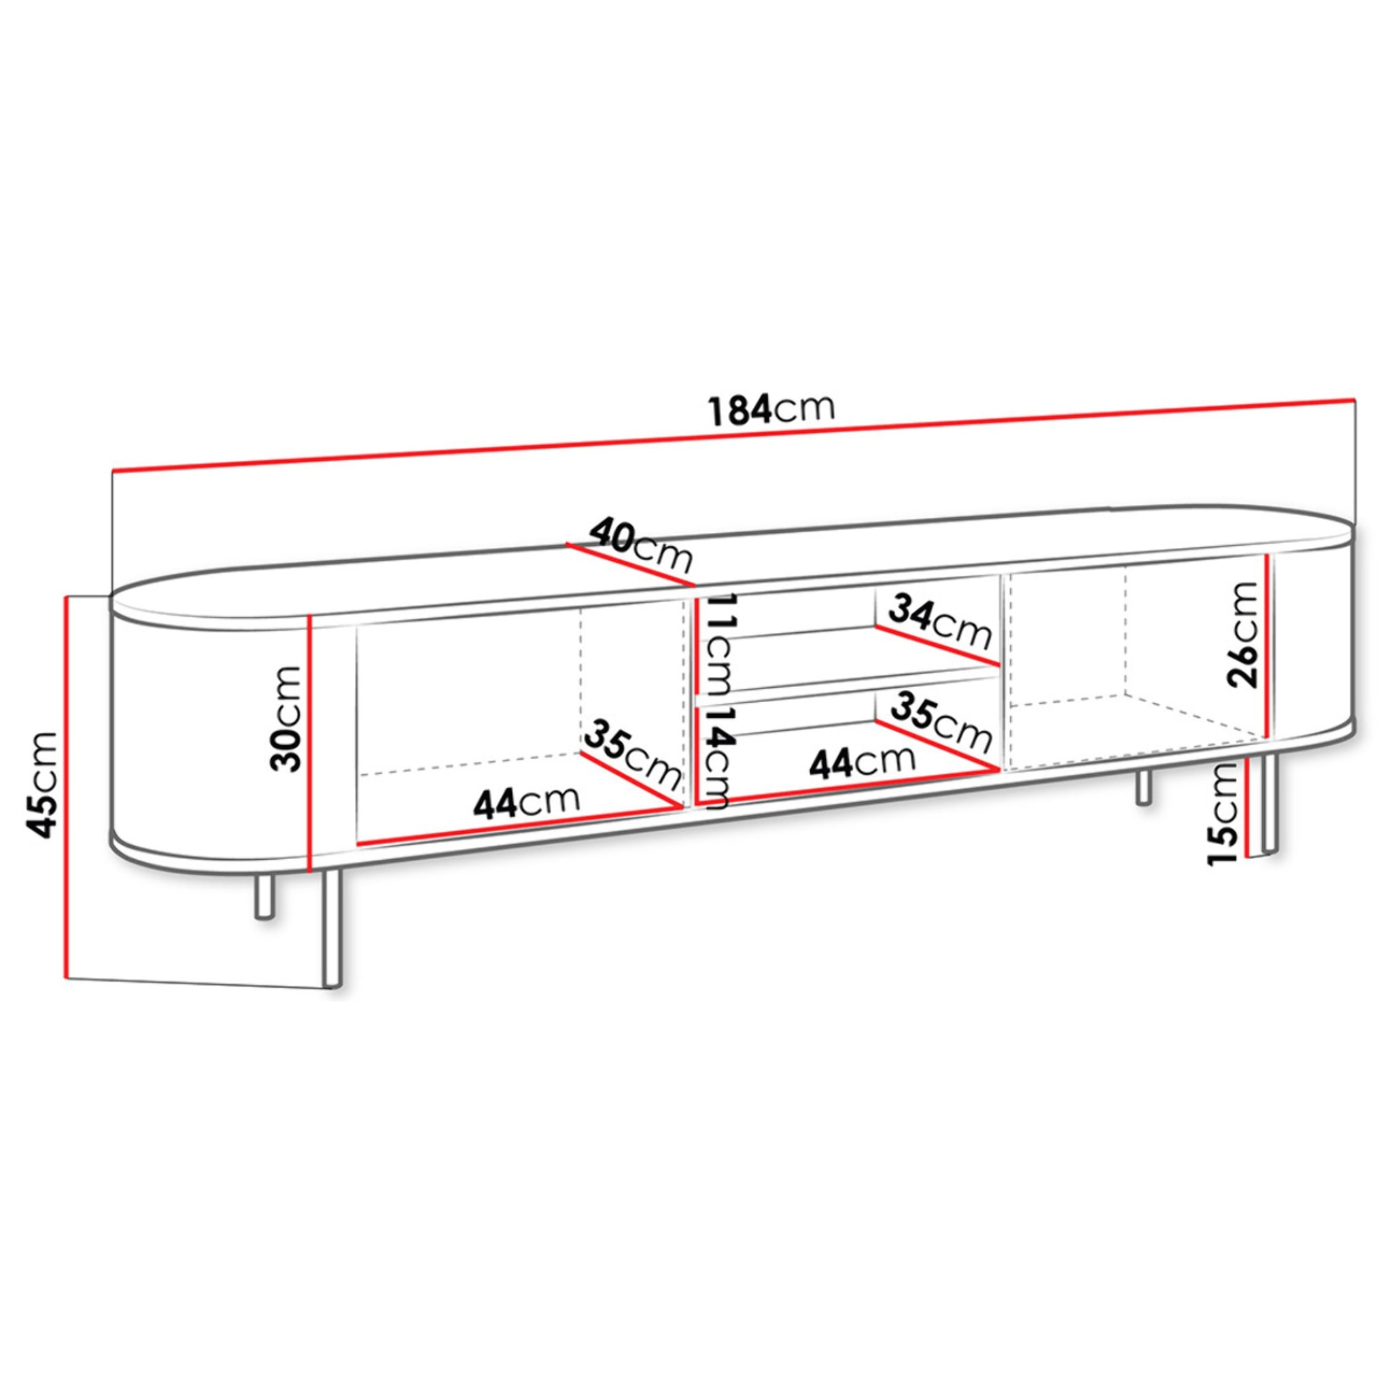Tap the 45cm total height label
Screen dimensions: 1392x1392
(x=41, y=784)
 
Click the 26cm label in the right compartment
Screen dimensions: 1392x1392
(x=1243, y=634)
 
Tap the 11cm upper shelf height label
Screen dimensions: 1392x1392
(x=718, y=643)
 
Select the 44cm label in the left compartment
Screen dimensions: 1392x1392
(x=526, y=802)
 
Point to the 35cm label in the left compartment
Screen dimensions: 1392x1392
(x=632, y=754)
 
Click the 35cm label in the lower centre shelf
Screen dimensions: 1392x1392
(x=941, y=720)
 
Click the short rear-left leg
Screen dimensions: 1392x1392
(x=264, y=897)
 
